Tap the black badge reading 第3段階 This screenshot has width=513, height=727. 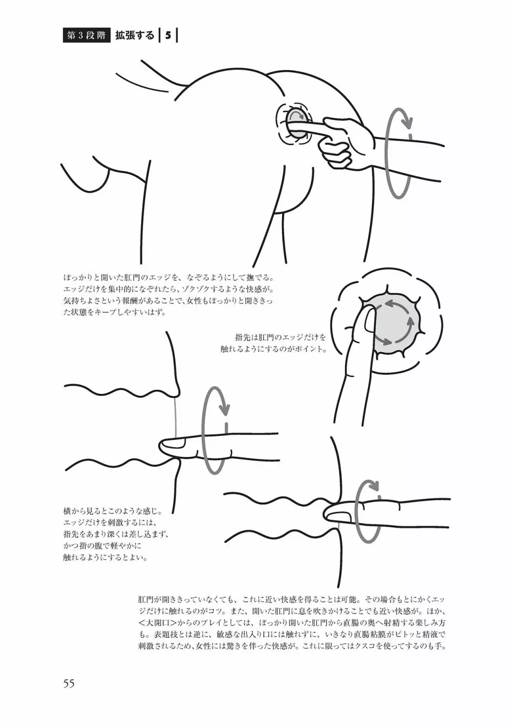(x=86, y=35)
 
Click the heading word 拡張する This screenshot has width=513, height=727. (x=135, y=35)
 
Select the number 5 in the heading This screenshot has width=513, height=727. (x=168, y=35)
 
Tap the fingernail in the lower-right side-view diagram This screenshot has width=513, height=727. (x=338, y=516)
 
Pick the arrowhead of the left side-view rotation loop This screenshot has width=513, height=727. (x=224, y=409)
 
